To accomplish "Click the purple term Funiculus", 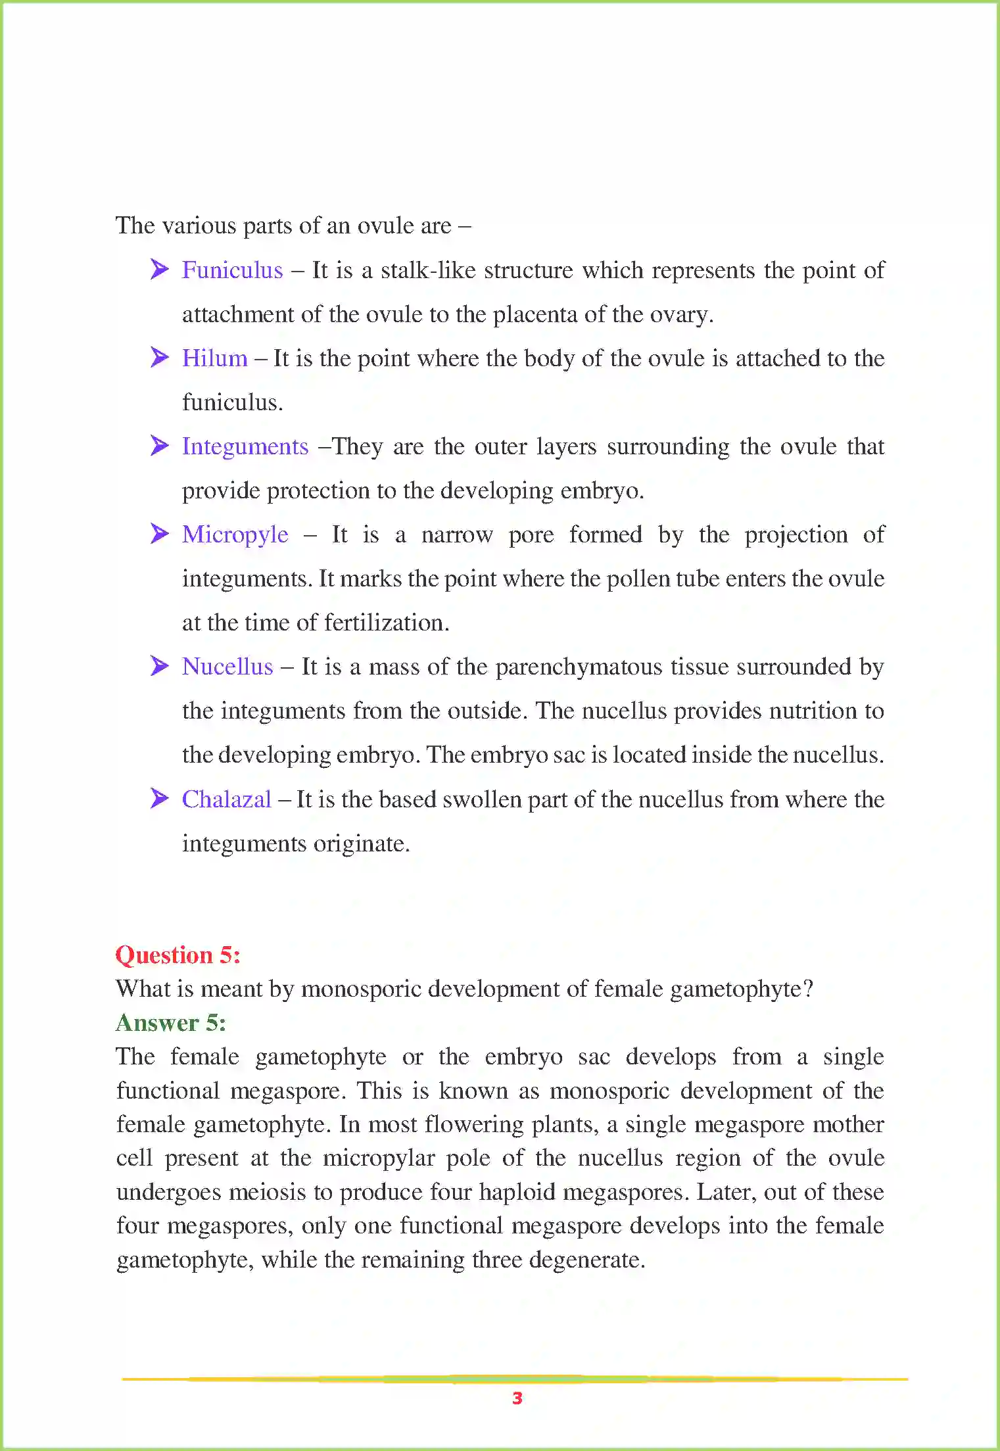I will pos(232,270).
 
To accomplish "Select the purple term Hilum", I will pos(214,358).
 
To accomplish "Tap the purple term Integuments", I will pos(245,446).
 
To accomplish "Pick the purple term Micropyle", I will pos(235,535).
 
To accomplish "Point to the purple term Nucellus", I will pos(227,667).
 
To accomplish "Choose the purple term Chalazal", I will pos(226,799).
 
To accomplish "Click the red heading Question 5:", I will pos(178,955).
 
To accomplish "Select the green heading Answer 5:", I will pos(171,1022).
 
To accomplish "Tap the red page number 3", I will pos(517,1398).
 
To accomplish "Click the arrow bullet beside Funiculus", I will pos(159,269).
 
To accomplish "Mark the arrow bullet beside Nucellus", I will pos(159,665).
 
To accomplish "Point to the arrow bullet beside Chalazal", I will pos(159,798).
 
